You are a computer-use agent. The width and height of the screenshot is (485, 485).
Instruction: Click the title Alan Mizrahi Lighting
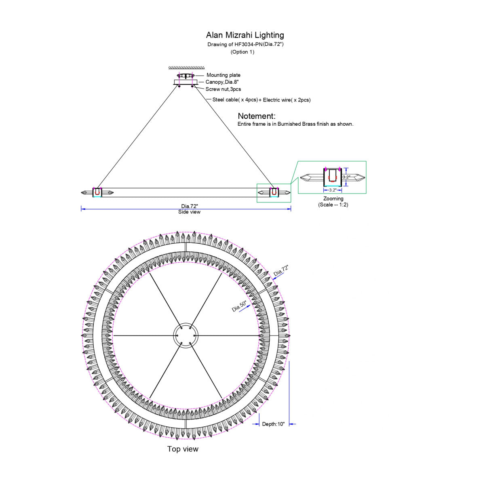[x=245, y=35]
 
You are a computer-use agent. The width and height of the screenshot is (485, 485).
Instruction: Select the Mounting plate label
[x=223, y=75]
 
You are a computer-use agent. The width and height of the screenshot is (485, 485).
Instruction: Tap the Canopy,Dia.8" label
[x=222, y=82]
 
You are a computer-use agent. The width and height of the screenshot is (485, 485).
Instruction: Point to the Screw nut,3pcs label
[x=223, y=89]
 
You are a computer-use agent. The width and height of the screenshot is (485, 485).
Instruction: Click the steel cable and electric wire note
[x=261, y=100]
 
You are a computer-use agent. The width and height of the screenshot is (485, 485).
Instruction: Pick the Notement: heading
[x=257, y=116]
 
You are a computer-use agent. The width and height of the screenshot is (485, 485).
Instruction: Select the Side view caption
[x=189, y=212]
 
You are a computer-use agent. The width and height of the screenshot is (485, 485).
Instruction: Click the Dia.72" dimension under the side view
[x=190, y=206]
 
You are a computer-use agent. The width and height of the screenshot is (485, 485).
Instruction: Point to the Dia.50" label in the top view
[x=239, y=306]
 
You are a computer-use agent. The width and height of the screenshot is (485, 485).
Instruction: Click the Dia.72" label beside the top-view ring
[x=281, y=270]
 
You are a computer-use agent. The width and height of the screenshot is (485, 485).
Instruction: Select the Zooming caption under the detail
[x=333, y=198]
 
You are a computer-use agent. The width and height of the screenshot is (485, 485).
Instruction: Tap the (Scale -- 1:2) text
[x=333, y=205]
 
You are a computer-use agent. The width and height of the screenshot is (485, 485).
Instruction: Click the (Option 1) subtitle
[x=242, y=52]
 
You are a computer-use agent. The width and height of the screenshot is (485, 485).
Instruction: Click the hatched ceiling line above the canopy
[x=186, y=68]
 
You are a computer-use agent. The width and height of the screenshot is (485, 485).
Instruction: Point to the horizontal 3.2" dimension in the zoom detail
[x=333, y=190]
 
